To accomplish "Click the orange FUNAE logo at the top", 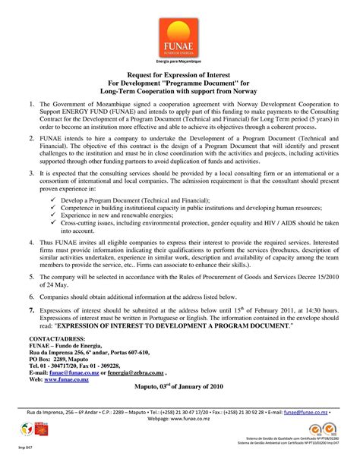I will point(179,38).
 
